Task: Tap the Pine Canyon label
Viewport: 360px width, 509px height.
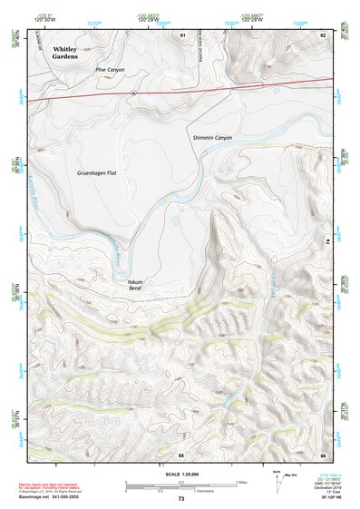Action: [x=109, y=69]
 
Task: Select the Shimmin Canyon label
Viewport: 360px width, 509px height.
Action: [x=213, y=137]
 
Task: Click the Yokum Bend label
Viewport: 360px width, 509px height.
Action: [x=138, y=286]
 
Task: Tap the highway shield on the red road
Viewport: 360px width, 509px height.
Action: [x=132, y=93]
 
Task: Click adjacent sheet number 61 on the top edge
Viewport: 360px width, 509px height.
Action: [x=182, y=34]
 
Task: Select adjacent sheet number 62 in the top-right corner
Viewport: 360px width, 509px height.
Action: [x=322, y=34]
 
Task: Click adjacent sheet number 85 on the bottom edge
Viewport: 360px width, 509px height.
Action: [x=181, y=453]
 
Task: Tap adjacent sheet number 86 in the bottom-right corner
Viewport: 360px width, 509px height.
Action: [x=322, y=453]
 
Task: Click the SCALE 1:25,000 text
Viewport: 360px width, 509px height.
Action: [x=180, y=475]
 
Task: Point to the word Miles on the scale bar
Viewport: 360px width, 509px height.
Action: [x=241, y=482]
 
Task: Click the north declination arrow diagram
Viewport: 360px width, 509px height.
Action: [x=277, y=483]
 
